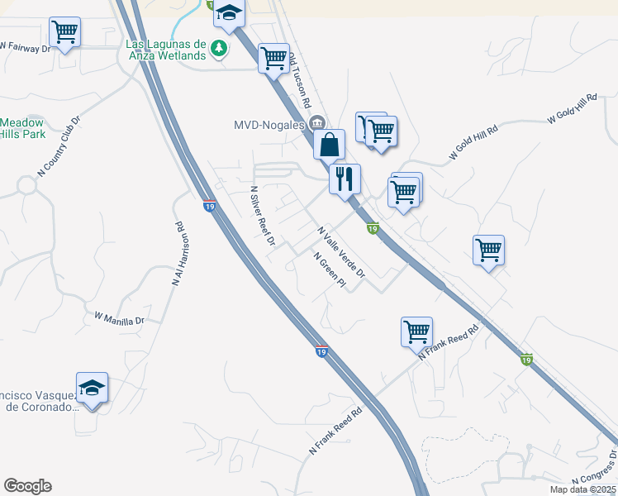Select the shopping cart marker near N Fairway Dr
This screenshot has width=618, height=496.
[64, 33]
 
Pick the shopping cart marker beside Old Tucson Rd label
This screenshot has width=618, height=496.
[273, 59]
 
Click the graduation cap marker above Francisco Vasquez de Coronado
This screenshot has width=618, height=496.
[92, 388]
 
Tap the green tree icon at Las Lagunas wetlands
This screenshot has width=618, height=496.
[219, 47]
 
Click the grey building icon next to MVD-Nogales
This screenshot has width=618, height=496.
[316, 125]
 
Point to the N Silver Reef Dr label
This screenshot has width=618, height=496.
[262, 216]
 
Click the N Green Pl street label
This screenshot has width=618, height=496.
[328, 270]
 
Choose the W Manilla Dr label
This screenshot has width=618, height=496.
[119, 318]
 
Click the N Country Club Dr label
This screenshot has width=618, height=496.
[59, 147]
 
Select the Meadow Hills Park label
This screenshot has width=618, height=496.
[22, 127]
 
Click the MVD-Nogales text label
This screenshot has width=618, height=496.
[268, 126]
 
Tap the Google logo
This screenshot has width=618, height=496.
[27, 486]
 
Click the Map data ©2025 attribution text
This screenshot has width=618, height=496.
[582, 489]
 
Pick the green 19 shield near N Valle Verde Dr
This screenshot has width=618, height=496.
[373, 228]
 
